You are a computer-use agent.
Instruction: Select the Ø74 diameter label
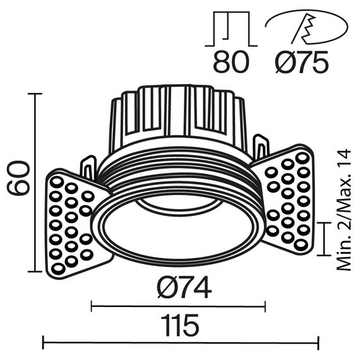click(184, 289)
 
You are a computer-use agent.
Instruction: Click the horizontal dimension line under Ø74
click(179, 307)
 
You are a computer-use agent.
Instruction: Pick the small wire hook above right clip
click(260, 147)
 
